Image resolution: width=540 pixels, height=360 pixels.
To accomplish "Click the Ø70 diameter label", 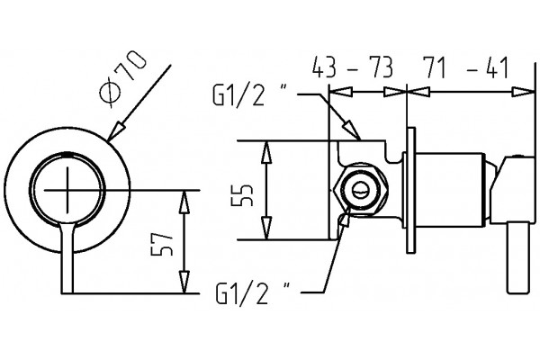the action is click(x=123, y=78).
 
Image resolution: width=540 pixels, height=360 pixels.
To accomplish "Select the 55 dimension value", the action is click(x=242, y=195).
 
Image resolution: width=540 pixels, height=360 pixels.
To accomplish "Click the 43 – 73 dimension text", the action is click(x=352, y=67).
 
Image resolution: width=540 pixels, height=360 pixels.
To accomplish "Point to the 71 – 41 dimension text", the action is click(x=465, y=67).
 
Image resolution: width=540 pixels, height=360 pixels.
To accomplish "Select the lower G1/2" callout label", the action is click(x=253, y=292).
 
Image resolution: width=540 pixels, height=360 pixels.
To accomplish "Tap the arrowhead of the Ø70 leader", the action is click(x=116, y=131).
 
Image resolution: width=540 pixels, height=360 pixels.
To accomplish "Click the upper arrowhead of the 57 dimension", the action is click(x=184, y=202).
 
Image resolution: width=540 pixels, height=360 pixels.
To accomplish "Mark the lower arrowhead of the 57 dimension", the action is click(x=184, y=282).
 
